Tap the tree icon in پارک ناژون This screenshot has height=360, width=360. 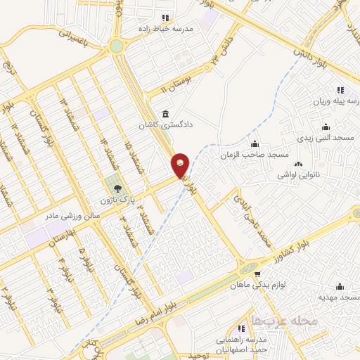(117, 188)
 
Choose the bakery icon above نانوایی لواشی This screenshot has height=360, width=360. (298, 165)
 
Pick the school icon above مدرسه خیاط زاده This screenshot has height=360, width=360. (165, 18)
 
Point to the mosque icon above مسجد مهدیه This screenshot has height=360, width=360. (340, 286)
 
